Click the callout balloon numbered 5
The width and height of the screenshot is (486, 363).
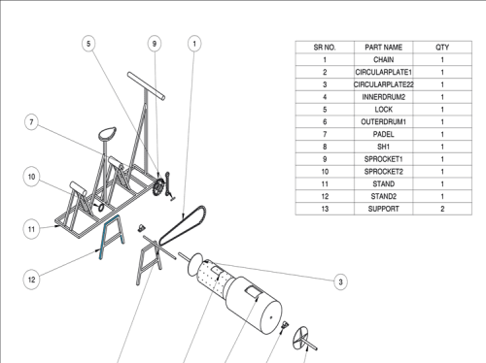(88, 44)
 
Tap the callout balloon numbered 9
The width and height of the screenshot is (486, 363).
(155, 44)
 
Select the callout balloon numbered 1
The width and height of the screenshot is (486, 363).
(194, 44)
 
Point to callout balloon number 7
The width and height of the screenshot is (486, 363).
(31, 122)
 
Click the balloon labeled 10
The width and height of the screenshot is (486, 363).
(31, 177)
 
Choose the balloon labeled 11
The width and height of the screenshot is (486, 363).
(31, 229)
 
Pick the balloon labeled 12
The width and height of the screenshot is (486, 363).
(31, 280)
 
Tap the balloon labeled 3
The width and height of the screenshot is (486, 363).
(340, 281)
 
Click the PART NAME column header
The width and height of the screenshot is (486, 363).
(384, 48)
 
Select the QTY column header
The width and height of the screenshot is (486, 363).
(442, 48)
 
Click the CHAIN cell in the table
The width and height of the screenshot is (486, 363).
(384, 60)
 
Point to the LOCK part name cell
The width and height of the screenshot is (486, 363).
(384, 110)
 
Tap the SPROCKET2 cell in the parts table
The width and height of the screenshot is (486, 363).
(384, 172)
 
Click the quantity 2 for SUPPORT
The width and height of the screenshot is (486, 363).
(442, 209)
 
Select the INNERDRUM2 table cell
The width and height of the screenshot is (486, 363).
(384, 97)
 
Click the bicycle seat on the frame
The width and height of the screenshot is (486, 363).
(107, 133)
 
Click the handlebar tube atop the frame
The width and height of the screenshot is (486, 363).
(147, 86)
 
